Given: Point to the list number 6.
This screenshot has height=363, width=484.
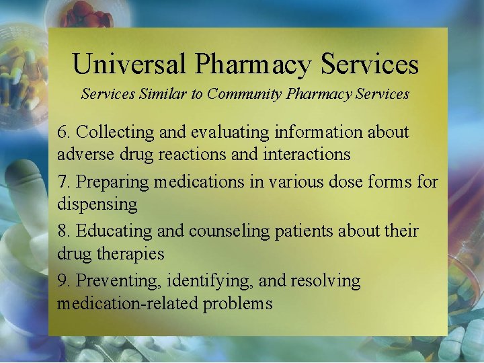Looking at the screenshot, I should point(63,132).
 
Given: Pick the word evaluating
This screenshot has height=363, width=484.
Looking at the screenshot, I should point(229,132).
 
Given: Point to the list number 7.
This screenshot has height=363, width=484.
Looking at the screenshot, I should point(63,182).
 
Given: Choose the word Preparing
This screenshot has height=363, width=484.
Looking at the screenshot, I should point(114,182).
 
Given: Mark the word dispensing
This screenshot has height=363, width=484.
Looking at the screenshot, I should point(97,204).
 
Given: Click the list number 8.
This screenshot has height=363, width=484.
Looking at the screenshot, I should point(63,231).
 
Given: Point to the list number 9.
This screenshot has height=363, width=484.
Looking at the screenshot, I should point(63,281).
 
